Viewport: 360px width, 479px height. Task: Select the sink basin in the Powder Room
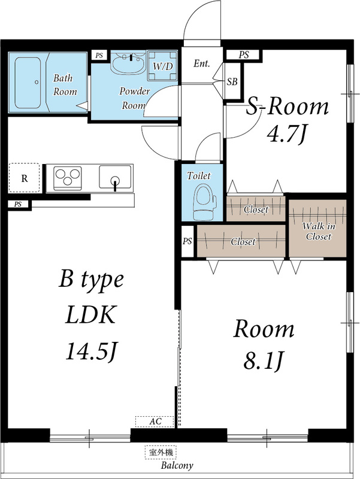point(128,64)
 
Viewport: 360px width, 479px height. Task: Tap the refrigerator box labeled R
point(24,178)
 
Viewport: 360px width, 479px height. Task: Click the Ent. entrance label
point(201,63)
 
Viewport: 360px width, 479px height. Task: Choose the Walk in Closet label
point(317,231)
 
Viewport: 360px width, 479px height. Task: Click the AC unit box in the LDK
point(155,422)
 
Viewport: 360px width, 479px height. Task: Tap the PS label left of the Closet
point(187,241)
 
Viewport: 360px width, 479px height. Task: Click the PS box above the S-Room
point(243,55)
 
